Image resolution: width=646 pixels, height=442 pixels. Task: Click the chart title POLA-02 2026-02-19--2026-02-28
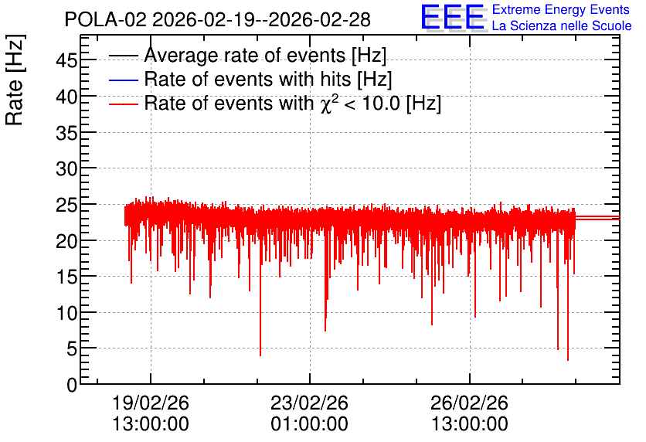pyautogui.click(x=218, y=19)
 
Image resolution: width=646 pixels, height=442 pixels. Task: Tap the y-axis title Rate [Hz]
pyautogui.click(x=15, y=80)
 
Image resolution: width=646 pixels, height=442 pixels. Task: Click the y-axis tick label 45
pyautogui.click(x=66, y=60)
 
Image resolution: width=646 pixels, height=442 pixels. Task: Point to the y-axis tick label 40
pyautogui.click(x=66, y=97)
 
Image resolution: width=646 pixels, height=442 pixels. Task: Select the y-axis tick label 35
pyautogui.click(x=66, y=133)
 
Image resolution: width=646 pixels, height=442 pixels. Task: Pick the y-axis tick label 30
pyautogui.click(x=66, y=168)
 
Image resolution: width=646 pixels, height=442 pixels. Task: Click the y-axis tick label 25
pyautogui.click(x=66, y=205)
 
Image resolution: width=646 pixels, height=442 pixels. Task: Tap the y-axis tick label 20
pyautogui.click(x=66, y=241)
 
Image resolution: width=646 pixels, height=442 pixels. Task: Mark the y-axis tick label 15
pyautogui.click(x=66, y=277)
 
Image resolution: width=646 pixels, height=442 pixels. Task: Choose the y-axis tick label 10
pyautogui.click(x=66, y=313)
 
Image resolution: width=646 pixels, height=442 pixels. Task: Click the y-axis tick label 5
pyautogui.click(x=72, y=349)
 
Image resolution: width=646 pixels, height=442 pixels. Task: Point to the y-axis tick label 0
pyautogui.click(x=72, y=385)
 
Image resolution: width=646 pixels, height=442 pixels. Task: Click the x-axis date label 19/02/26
pyautogui.click(x=151, y=403)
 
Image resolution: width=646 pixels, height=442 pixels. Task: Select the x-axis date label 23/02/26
pyautogui.click(x=309, y=403)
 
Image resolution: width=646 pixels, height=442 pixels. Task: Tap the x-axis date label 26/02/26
pyautogui.click(x=469, y=403)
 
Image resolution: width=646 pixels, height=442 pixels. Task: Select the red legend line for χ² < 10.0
pyautogui.click(x=123, y=104)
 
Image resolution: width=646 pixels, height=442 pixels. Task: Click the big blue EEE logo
pyautogui.click(x=453, y=17)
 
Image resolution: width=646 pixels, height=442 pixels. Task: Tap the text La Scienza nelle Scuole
pyautogui.click(x=562, y=25)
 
